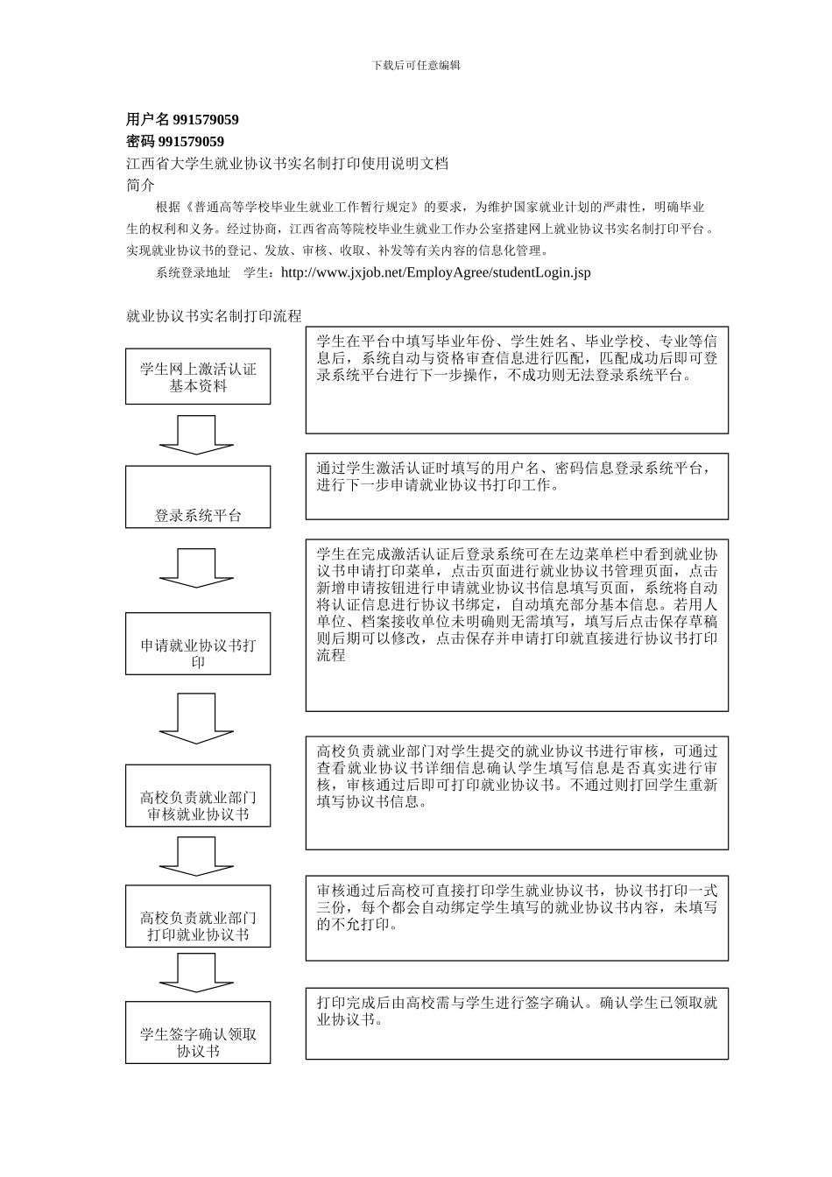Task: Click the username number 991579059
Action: click(206, 120)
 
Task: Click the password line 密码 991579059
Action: click(175, 142)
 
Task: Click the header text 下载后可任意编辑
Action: click(416, 65)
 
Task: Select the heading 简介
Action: click(140, 185)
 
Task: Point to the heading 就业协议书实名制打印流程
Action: click(214, 316)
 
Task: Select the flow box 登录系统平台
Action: click(198, 497)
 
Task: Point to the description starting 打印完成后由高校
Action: click(517, 1011)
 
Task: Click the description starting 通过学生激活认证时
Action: click(517, 476)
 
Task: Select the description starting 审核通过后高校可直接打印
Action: click(517, 907)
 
